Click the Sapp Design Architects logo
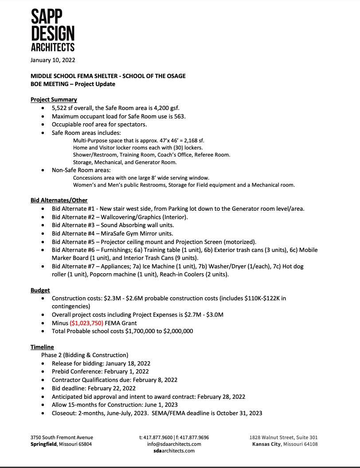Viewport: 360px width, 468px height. pos(52,29)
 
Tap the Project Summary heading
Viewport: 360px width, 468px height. pos(54,99)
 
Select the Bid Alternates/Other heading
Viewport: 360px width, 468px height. pos(59,200)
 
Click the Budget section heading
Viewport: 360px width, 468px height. pos(40,290)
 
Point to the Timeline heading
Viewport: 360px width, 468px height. pos(42,347)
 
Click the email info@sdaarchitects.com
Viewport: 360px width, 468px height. pos(174,444)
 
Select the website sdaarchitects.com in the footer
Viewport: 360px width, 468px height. pos(174,451)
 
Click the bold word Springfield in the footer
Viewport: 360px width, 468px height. pos(44,444)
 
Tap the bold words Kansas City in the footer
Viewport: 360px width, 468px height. pos(266,444)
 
